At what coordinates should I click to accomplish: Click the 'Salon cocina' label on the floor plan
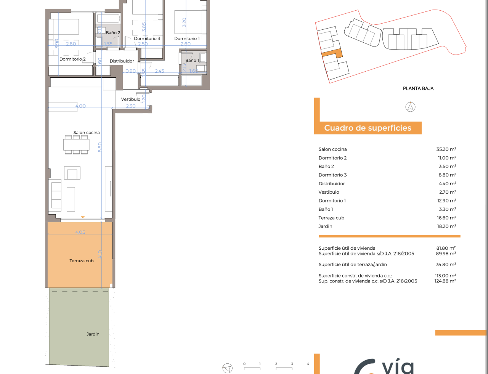87,133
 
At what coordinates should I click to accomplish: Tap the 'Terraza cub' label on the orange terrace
81,261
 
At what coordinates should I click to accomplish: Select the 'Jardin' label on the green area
93,334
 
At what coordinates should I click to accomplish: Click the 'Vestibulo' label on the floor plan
130,99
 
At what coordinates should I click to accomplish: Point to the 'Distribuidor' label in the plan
122,61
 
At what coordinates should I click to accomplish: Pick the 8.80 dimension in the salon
100,147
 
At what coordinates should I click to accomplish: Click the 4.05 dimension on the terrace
80,232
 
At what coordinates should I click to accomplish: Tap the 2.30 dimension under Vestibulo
131,106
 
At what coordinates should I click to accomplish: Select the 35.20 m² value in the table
446,149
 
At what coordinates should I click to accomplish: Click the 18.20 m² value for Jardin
446,226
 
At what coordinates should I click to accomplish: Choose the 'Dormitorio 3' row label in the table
332,175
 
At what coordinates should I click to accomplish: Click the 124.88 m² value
445,281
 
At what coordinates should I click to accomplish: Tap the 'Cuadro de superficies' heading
368,128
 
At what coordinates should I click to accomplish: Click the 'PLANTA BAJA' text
418,88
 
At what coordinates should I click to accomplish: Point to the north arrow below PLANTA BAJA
410,107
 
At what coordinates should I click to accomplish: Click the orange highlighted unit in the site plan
332,53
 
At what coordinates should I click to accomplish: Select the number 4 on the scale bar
308,364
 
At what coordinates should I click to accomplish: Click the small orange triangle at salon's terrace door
83,217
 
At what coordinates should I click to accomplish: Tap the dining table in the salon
76,144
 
